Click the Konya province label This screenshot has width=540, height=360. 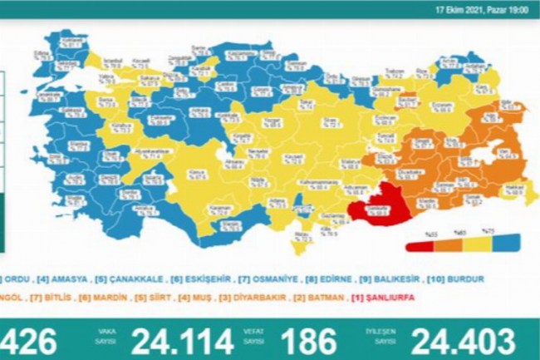click(197, 174)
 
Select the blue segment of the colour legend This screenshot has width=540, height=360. click(507, 245)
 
